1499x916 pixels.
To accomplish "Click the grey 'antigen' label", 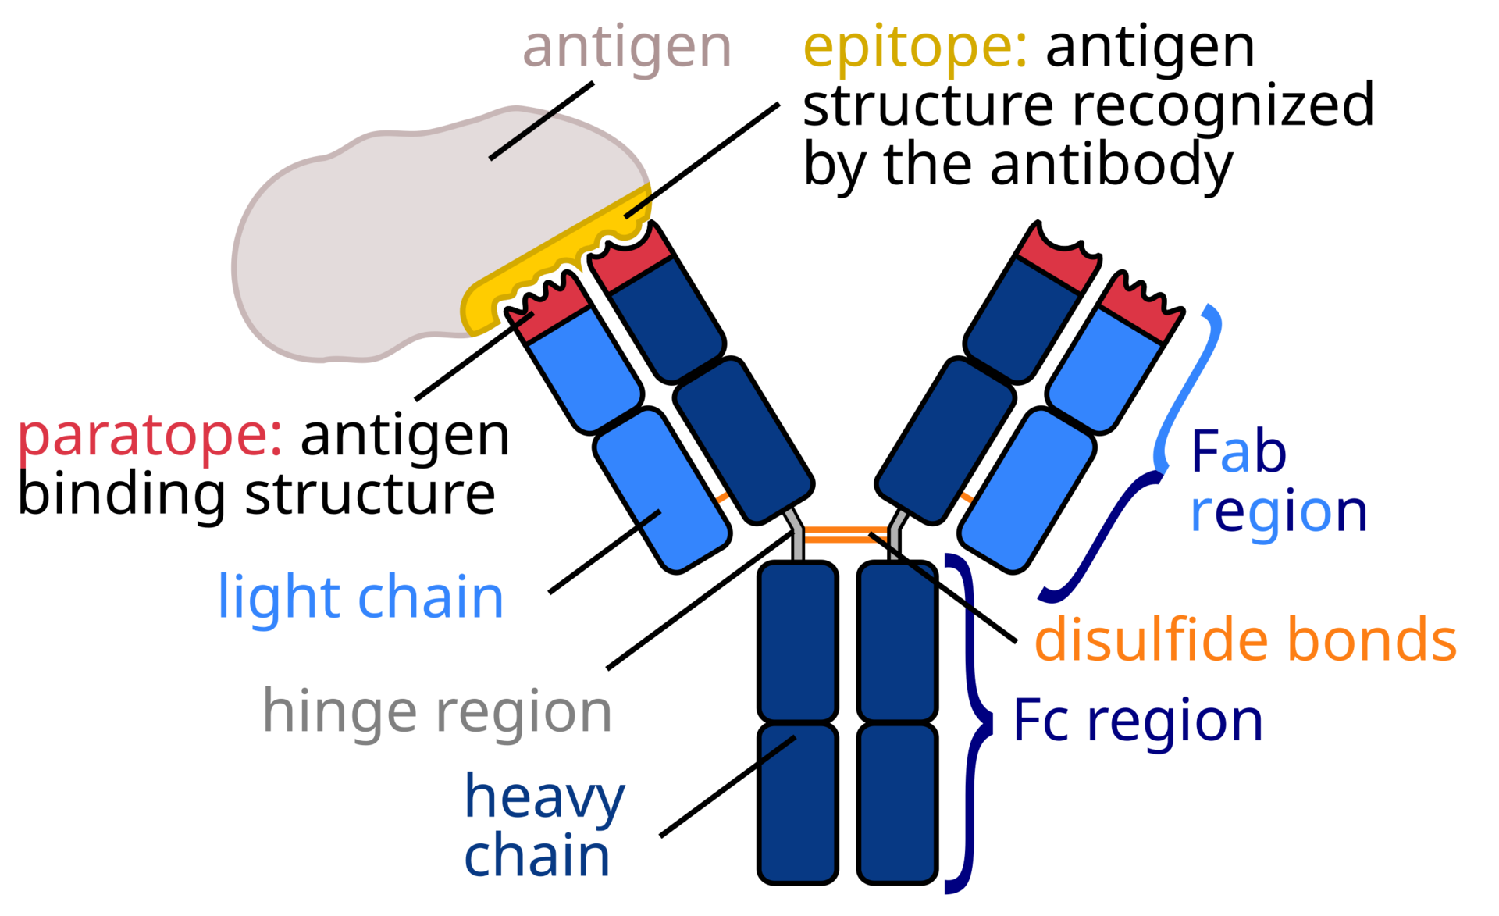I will (627, 48).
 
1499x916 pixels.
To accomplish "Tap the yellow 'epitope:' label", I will (914, 48).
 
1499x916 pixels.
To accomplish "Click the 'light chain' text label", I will (361, 598).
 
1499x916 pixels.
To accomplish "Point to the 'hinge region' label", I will (437, 712).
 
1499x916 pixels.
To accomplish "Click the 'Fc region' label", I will (1138, 721).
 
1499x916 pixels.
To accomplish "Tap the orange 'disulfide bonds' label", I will (1245, 640).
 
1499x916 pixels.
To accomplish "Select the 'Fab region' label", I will (1278, 482).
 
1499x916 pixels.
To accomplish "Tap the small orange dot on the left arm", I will (722, 497).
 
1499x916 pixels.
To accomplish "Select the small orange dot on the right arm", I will (967, 497).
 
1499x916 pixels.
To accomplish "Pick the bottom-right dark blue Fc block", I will (897, 803).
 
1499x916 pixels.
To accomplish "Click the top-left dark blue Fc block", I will (797, 642).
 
